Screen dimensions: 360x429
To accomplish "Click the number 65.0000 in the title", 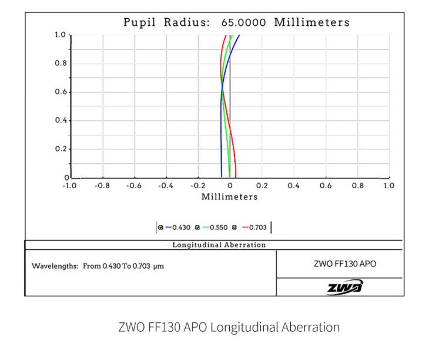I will pyautogui.click(x=243, y=23).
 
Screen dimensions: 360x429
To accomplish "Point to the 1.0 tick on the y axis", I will pyautogui.click(x=61, y=35).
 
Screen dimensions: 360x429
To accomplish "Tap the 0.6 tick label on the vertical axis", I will pyautogui.click(x=61, y=92).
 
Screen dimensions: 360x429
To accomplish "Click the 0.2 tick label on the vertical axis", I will pyautogui.click(x=61, y=149).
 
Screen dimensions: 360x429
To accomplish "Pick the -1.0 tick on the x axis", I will pyautogui.click(x=69, y=185).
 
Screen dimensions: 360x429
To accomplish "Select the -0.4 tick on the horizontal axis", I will pyautogui.click(x=166, y=185).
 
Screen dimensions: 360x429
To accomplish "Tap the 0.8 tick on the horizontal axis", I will pyautogui.click(x=357, y=185).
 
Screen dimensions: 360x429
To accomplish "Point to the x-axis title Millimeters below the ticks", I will pyautogui.click(x=229, y=196).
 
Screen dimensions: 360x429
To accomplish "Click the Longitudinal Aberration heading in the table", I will pyautogui.click(x=219, y=245).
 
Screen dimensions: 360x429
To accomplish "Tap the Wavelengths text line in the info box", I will pyautogui.click(x=98, y=266).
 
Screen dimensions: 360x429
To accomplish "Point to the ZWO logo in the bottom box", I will pyautogui.click(x=345, y=286).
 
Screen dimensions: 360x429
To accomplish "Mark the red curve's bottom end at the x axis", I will pyautogui.click(x=236, y=176).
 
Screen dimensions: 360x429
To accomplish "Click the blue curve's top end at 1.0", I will pyautogui.click(x=240, y=35).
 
